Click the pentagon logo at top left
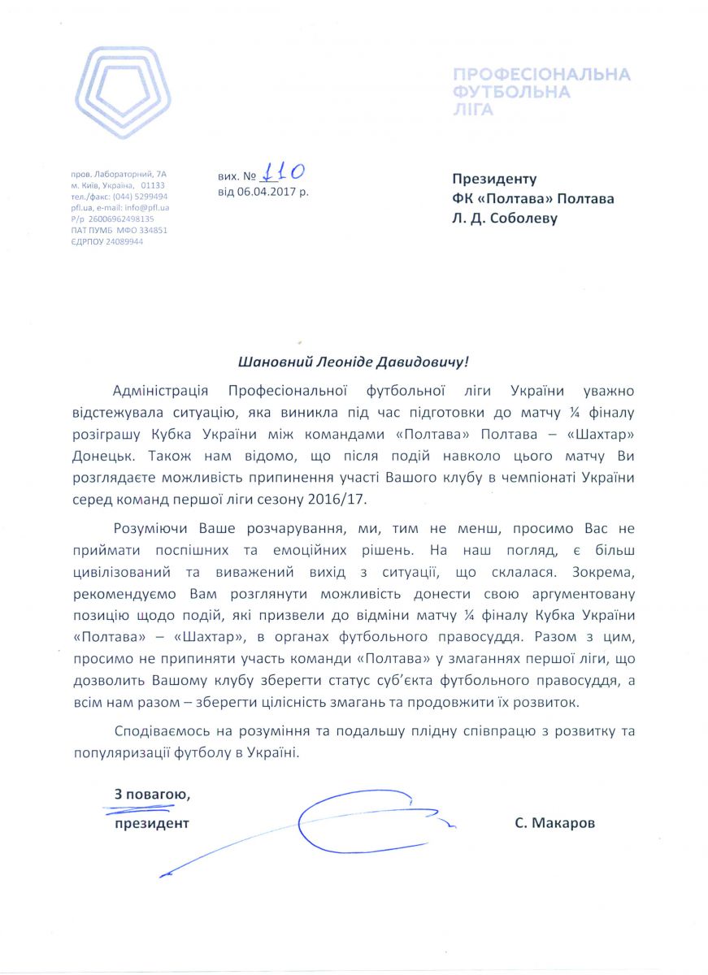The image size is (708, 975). (x=123, y=93)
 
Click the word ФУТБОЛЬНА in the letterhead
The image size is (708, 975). (x=511, y=92)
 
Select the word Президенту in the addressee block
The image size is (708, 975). (x=495, y=179)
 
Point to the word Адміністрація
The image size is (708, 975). (x=163, y=392)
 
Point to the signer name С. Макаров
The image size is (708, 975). (x=554, y=823)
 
